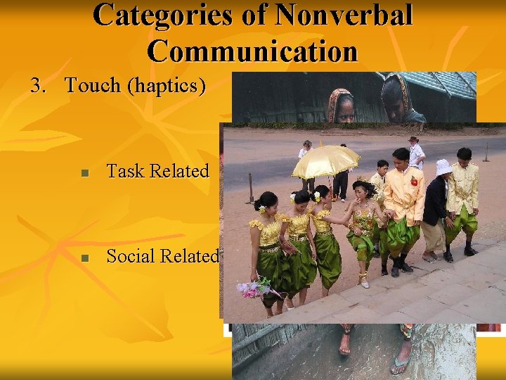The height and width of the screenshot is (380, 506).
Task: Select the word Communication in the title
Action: pyautogui.click(x=253, y=51)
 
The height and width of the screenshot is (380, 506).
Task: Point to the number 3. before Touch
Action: pyautogui.click(x=38, y=85)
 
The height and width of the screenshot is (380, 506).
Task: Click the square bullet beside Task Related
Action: pyautogui.click(x=84, y=172)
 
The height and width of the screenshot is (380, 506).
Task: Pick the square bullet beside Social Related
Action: pyautogui.click(x=84, y=258)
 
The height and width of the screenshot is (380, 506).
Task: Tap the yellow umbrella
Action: pyautogui.click(x=325, y=160)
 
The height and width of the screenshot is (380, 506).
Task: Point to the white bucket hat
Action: pyautogui.click(x=443, y=167)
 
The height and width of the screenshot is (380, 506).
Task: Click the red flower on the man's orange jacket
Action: pyautogui.click(x=414, y=182)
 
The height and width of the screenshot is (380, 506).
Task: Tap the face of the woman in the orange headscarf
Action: pyautogui.click(x=343, y=107)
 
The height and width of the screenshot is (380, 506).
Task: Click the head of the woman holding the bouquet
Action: pyautogui.click(x=266, y=204)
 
